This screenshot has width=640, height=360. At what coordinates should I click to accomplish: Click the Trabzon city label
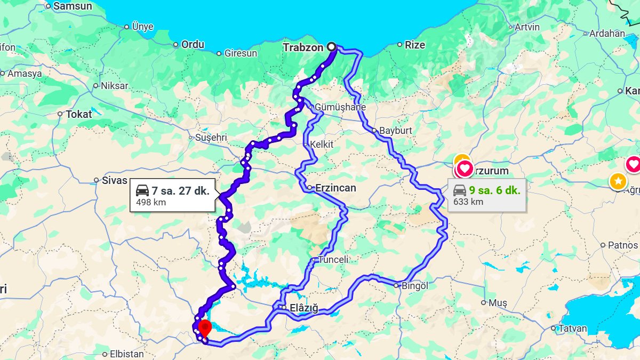[x=303, y=47]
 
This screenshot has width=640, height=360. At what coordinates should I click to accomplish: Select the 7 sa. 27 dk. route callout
[x=173, y=195]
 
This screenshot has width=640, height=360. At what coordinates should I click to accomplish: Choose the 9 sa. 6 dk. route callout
[x=487, y=195]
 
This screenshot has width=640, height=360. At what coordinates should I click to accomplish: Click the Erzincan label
[x=335, y=188]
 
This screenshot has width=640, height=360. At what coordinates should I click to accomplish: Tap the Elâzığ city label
[x=303, y=308]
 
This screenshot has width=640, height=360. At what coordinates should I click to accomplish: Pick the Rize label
[x=415, y=45]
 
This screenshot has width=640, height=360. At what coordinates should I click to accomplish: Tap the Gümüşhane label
[x=340, y=107]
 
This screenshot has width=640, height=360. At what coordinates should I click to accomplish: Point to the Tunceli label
[x=333, y=260]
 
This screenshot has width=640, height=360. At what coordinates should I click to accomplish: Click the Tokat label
[x=79, y=114]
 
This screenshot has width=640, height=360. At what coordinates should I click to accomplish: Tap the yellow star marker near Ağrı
[x=618, y=181]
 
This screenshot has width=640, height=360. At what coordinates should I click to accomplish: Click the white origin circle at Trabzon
[x=332, y=47]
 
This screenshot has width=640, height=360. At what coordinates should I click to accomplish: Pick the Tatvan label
[x=572, y=329]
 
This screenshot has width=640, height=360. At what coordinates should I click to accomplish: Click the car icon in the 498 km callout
[x=142, y=190]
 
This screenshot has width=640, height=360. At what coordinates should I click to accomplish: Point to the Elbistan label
[x=127, y=354]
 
